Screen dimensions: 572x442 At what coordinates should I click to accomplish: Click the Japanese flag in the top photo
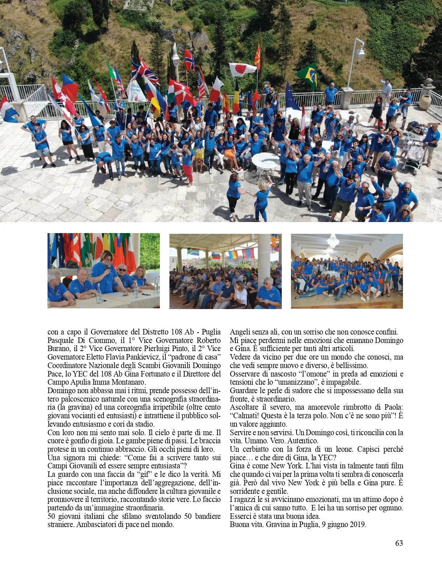click(242, 69)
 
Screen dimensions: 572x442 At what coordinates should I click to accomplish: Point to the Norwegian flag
click(189, 60)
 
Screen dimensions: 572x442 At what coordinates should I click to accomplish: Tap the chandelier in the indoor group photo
click(333, 242)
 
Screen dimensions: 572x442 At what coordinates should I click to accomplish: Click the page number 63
click(399, 543)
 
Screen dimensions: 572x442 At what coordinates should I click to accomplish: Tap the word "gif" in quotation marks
click(144, 474)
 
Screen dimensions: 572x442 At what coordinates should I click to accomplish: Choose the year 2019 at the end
click(357, 524)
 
